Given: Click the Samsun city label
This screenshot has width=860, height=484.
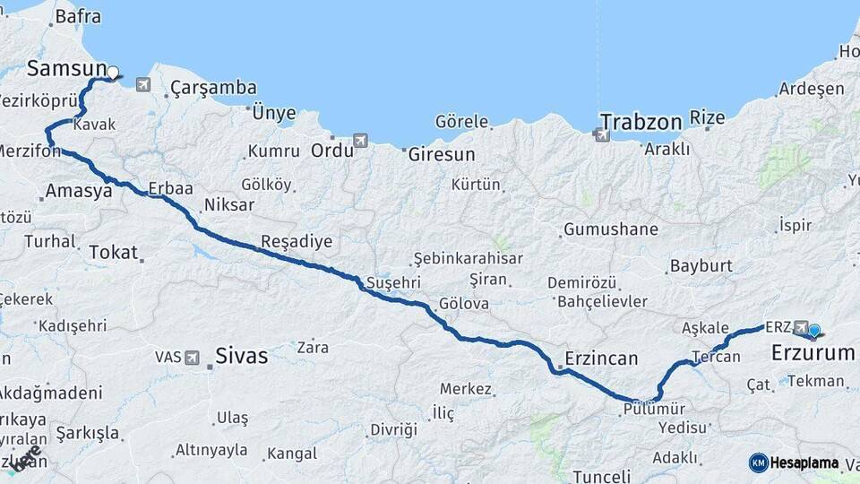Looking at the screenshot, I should coord(65,68).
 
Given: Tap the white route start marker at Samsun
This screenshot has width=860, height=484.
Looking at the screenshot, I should coord(113,72).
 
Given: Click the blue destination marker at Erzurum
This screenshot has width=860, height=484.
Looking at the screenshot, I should coord(814,331).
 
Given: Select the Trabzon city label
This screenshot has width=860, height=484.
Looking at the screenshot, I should coord(641,121).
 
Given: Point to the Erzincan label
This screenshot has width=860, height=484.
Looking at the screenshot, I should coord(600,359).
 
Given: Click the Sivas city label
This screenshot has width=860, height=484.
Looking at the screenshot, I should coord(242,356).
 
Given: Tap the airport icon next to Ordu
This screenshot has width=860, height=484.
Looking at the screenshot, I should coord(360,141).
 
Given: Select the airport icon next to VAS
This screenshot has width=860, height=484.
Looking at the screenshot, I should coord(192,357).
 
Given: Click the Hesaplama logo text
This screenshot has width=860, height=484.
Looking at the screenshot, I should coord(804,462).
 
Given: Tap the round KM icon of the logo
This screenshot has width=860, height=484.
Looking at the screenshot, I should coord(758,462).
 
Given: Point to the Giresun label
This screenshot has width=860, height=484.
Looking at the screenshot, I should coord(442,154).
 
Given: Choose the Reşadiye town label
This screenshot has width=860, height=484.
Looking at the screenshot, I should coord(297,241).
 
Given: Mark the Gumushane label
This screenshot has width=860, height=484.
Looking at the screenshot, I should coord(611,229).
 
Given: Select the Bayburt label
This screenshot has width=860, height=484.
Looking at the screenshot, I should coord(701,266).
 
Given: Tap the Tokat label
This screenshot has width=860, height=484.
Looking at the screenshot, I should coord(113,253).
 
